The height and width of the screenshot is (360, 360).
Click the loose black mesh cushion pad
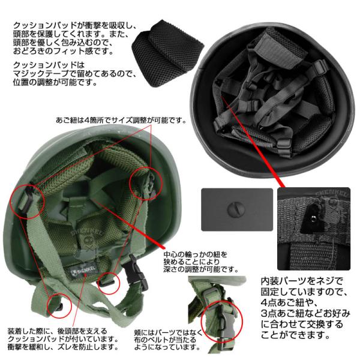(167, 52)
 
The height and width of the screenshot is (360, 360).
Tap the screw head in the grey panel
(236, 209)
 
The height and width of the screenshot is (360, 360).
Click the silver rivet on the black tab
(313, 220)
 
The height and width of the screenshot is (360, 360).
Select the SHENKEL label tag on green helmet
(83, 271)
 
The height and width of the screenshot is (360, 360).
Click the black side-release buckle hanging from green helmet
(136, 273)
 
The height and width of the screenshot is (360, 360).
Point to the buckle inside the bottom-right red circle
(223, 320)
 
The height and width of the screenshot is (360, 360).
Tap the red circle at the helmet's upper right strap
(146, 184)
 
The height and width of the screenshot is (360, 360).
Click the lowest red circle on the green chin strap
(59, 305)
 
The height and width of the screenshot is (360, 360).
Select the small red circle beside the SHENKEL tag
(109, 283)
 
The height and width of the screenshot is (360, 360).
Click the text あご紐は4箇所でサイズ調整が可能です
(121, 120)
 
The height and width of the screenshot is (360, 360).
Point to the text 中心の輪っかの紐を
(196, 254)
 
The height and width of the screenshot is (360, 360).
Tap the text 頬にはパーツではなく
(169, 332)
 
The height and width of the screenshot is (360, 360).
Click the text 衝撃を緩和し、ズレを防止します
(63, 347)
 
